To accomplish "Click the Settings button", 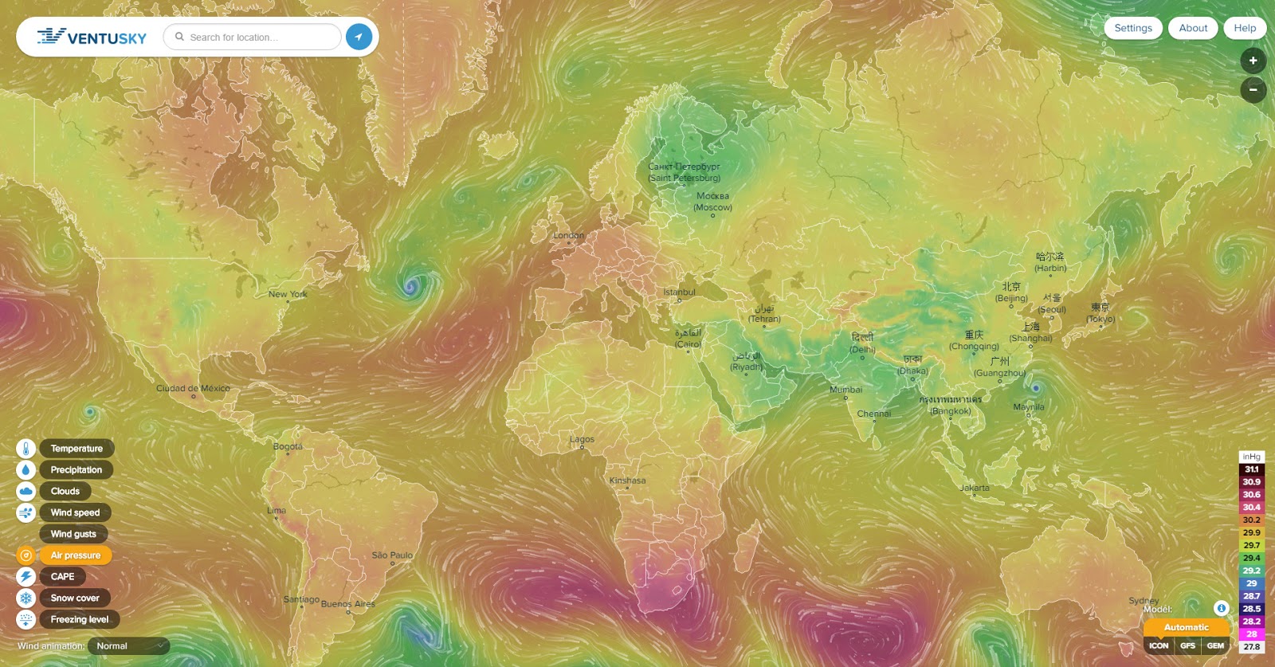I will pyautogui.click(x=1132, y=28).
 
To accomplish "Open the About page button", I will pyautogui.click(x=1193, y=28).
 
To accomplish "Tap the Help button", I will pyautogui.click(x=1244, y=28).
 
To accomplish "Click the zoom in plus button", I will pyautogui.click(x=1253, y=61).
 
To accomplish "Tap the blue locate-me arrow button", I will pyautogui.click(x=359, y=37).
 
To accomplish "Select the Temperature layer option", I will pyautogui.click(x=76, y=449).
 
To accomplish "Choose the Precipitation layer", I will pyautogui.click(x=76, y=470).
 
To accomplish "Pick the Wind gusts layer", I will pyautogui.click(x=73, y=534).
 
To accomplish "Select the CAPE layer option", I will pyautogui.click(x=62, y=577).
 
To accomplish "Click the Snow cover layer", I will pyautogui.click(x=75, y=598).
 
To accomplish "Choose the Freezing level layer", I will pyautogui.click(x=79, y=620).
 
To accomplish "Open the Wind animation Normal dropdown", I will pyautogui.click(x=128, y=646).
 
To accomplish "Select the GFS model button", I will pyautogui.click(x=1187, y=646).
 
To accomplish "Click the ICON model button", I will pyautogui.click(x=1159, y=646).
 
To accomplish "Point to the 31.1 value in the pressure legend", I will pyautogui.click(x=1251, y=469).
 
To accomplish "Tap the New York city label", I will pyautogui.click(x=288, y=294).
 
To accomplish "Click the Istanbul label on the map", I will pyautogui.click(x=679, y=292).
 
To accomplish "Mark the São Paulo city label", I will pyautogui.click(x=392, y=555).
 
